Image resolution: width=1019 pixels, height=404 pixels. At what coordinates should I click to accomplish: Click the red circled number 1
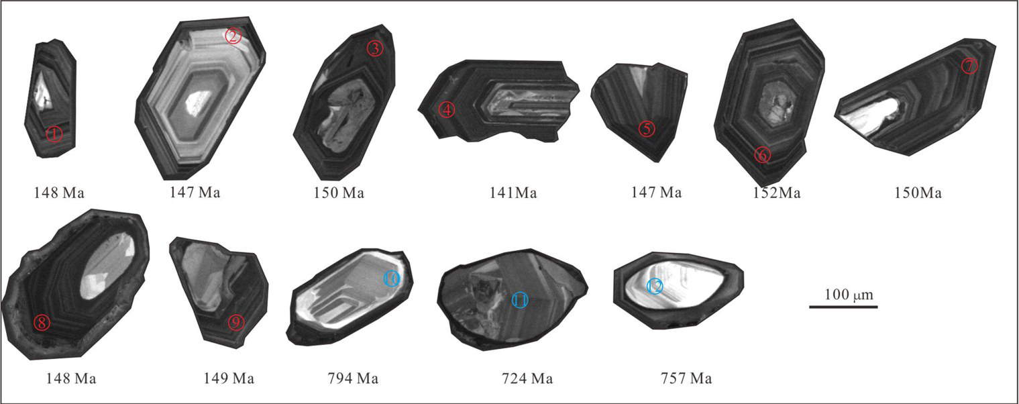(54, 134)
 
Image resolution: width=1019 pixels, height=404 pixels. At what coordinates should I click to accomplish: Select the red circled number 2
(233, 36)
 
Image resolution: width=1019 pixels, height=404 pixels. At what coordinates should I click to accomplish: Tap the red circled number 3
(375, 49)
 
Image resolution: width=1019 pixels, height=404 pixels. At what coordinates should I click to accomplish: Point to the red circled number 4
(447, 109)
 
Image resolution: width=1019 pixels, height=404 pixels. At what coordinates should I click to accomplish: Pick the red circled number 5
(647, 129)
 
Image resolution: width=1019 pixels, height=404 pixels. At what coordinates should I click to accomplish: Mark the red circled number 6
(763, 155)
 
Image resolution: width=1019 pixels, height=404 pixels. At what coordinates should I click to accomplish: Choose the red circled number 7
(969, 66)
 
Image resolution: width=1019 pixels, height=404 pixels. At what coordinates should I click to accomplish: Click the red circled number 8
(42, 323)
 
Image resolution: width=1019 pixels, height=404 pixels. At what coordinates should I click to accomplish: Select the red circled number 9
(235, 323)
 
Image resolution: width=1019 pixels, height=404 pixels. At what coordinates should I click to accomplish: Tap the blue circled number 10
(392, 279)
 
